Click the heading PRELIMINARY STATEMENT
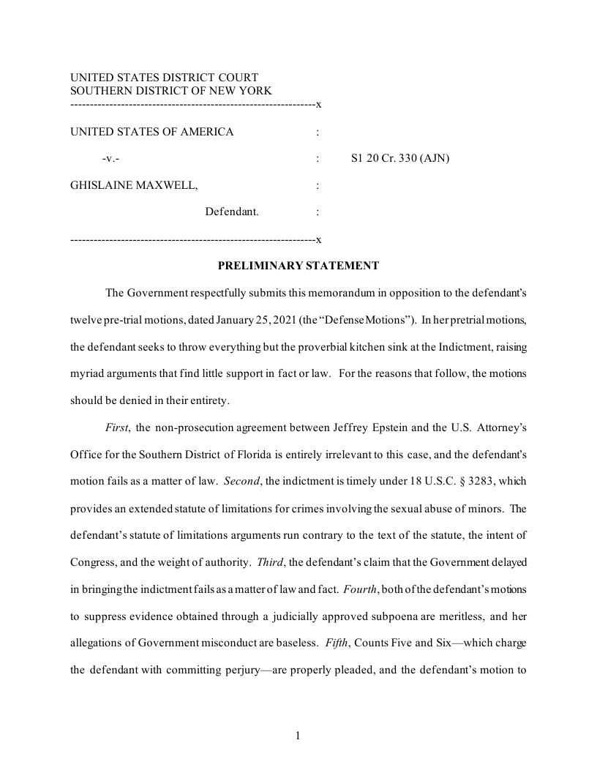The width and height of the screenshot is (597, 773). (x=298, y=266)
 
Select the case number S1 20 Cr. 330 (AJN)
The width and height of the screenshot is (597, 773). (x=400, y=158)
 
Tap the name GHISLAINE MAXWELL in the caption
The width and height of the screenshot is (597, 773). (x=133, y=185)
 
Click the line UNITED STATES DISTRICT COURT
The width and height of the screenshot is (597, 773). (x=164, y=78)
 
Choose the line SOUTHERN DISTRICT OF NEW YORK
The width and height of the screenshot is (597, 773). (x=170, y=91)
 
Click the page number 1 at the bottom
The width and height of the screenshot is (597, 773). (x=298, y=736)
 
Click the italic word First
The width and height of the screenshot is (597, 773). (x=117, y=427)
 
